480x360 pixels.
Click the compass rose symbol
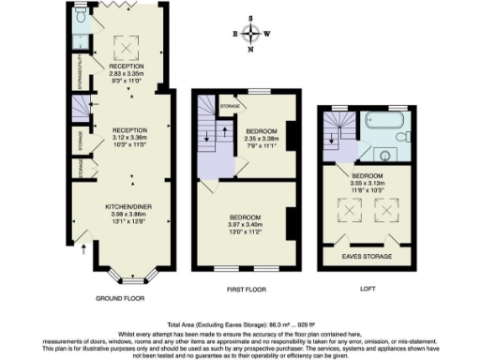pyautogui.click(x=251, y=34)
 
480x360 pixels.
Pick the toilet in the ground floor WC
pyautogui.click(x=82, y=17)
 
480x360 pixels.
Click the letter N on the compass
pyautogui.click(x=251, y=51)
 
